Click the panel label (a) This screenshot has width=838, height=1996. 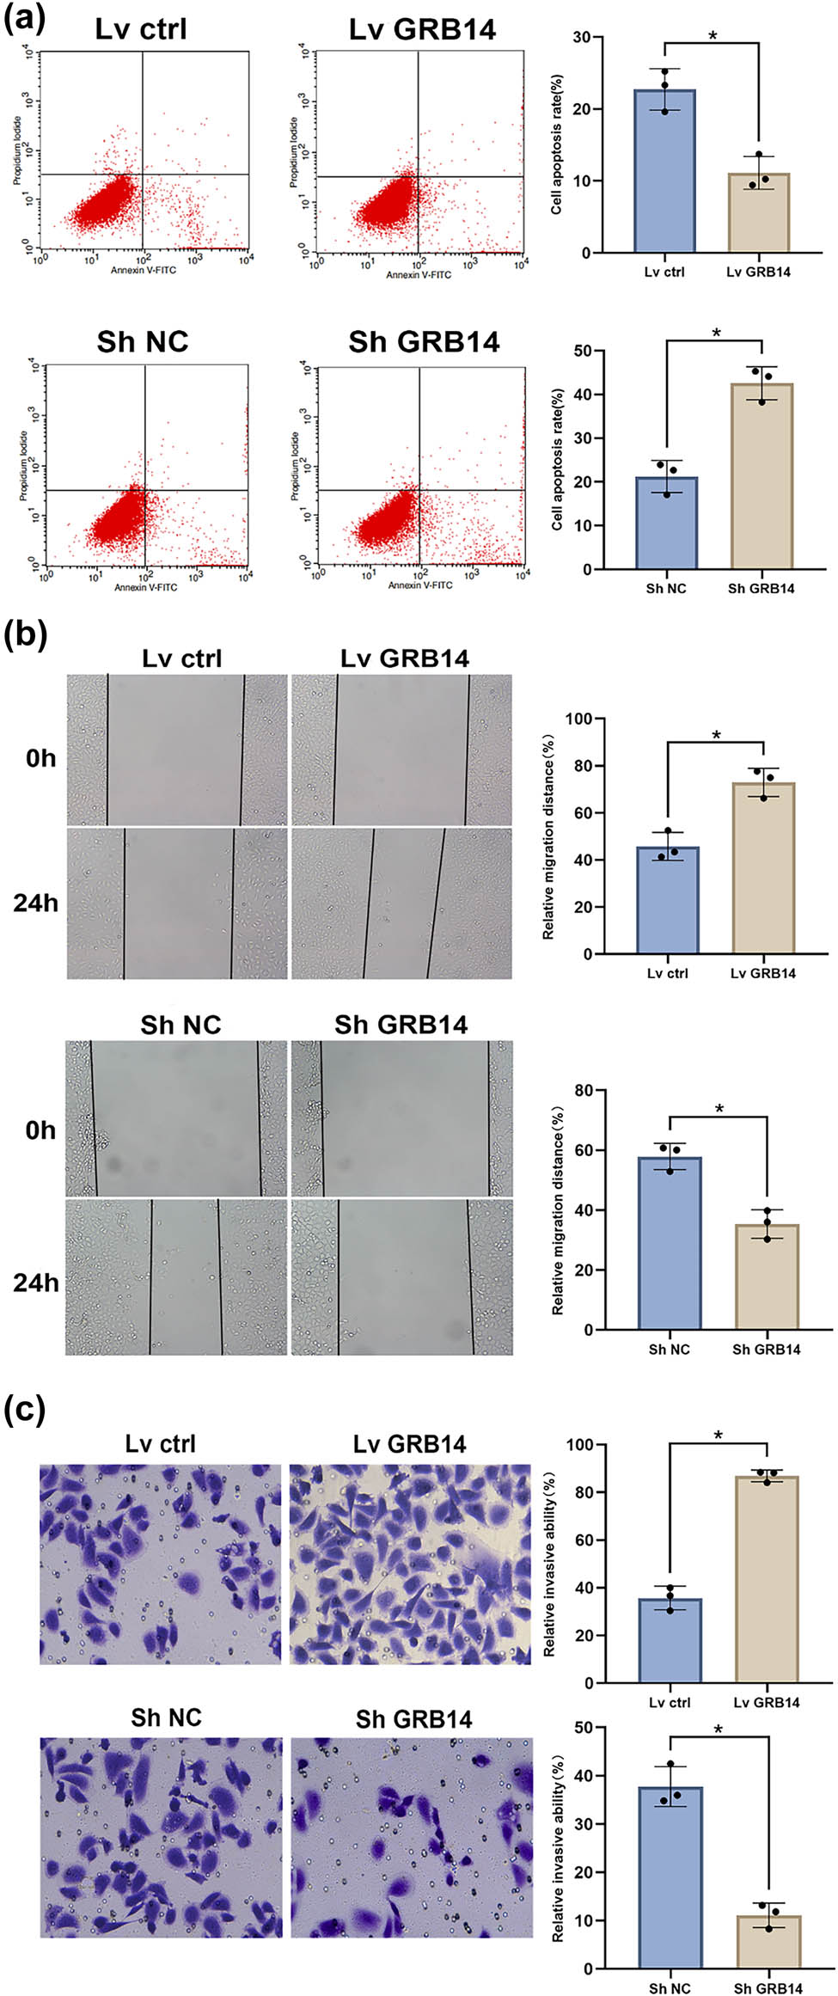tap(24, 17)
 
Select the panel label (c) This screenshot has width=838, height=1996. tap(25, 1411)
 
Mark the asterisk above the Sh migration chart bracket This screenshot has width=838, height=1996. tap(719, 1110)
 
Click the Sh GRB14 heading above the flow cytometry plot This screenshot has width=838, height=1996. tap(423, 342)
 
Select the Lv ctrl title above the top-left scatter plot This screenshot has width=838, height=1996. tap(141, 30)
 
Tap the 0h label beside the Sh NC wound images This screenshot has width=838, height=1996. tap(40, 1130)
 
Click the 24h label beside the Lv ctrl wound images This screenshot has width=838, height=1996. tap(35, 903)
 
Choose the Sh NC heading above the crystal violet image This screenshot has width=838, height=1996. tap(166, 1718)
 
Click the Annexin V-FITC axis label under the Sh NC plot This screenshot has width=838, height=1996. tap(145, 587)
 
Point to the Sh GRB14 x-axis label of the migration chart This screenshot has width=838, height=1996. tap(766, 1350)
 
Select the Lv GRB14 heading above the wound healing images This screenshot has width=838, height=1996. tap(405, 659)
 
